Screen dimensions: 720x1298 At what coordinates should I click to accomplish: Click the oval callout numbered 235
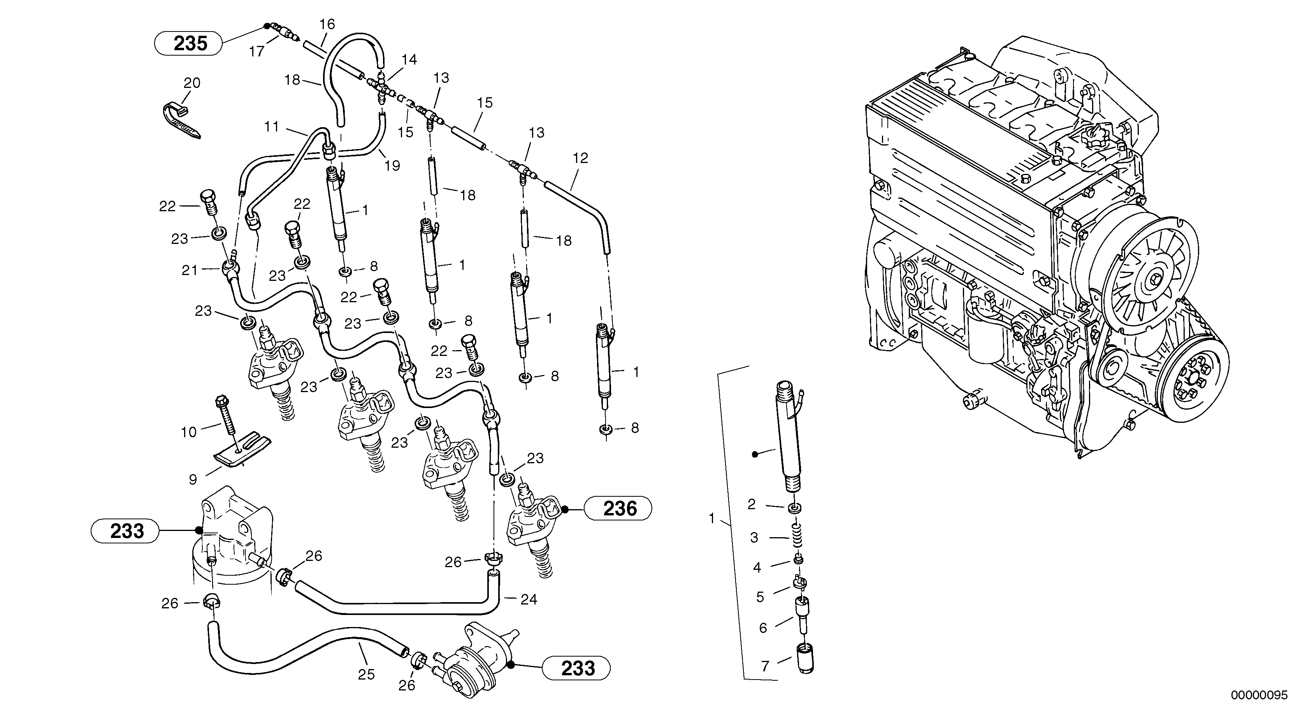[x=188, y=43]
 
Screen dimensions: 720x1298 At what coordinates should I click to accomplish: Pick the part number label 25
[x=366, y=674]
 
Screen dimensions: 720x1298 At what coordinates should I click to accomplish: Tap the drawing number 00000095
[x=1259, y=695]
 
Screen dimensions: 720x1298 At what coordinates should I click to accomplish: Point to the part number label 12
[x=580, y=158]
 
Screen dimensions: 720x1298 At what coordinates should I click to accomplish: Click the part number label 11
[x=272, y=126]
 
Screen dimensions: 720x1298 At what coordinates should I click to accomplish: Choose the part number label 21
[x=190, y=270]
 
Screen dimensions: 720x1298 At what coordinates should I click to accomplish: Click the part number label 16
[x=327, y=24]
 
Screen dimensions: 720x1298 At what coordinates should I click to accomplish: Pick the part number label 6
[x=763, y=628]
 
